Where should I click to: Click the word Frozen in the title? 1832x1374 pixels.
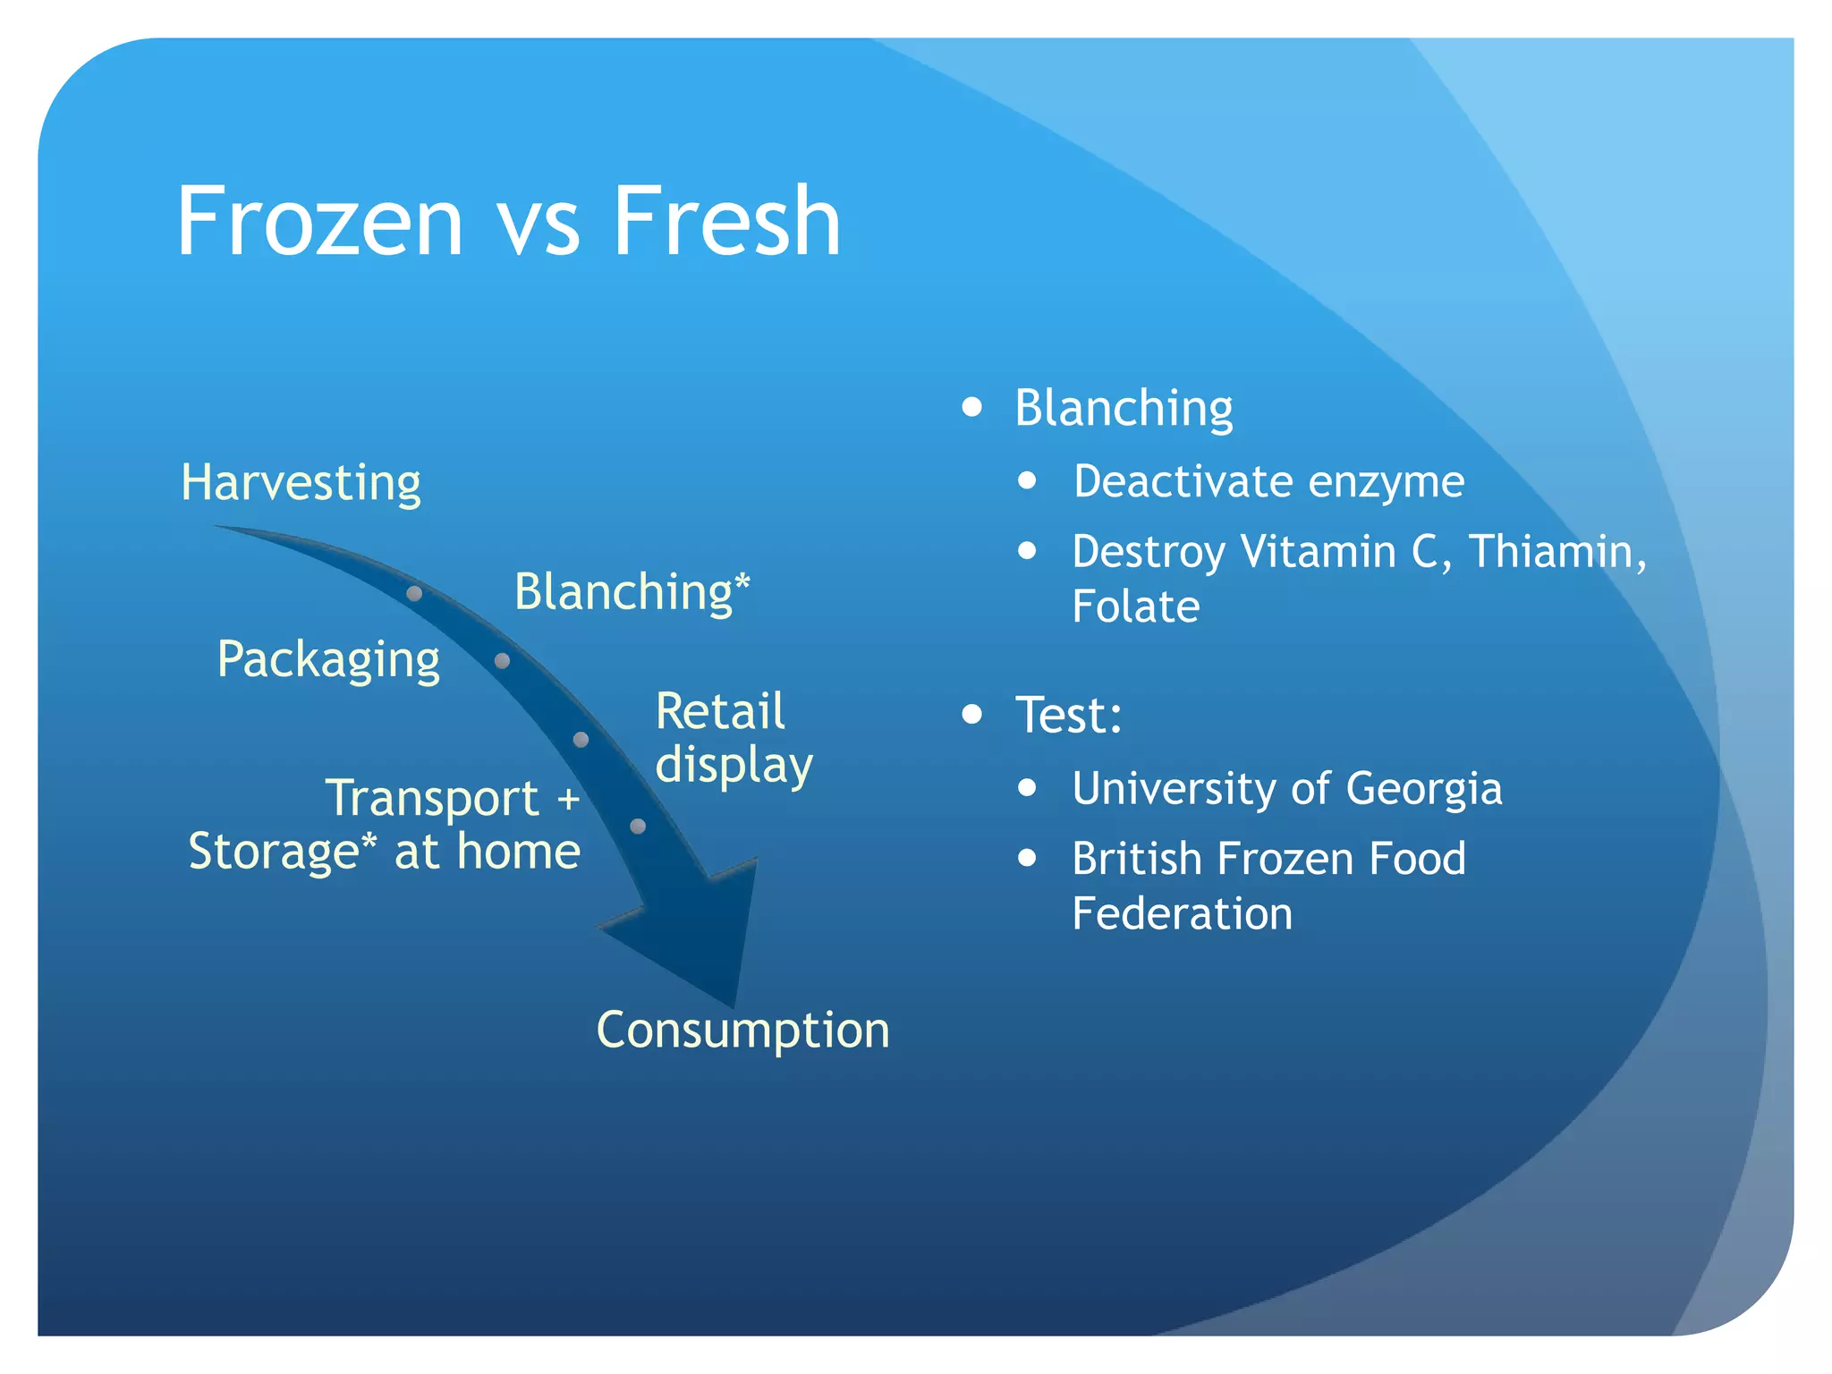pyautogui.click(x=319, y=221)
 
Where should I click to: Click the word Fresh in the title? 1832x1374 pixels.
pyautogui.click(x=725, y=221)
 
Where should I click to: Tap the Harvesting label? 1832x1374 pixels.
pyautogui.click(x=301, y=483)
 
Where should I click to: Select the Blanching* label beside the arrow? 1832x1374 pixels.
pyautogui.click(x=632, y=592)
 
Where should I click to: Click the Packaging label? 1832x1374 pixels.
pyautogui.click(x=328, y=660)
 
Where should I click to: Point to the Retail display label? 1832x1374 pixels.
pyautogui.click(x=733, y=738)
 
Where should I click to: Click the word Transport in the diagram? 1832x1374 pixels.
pyautogui.click(x=432, y=798)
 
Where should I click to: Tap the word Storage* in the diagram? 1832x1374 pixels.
pyautogui.click(x=282, y=852)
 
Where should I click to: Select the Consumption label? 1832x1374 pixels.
pyautogui.click(x=742, y=1030)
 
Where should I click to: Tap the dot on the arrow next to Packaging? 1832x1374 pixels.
pyautogui.click(x=502, y=661)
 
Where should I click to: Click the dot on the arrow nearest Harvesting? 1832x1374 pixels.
pyautogui.click(x=414, y=593)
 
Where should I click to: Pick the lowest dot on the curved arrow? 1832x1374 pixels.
pyautogui.click(x=638, y=827)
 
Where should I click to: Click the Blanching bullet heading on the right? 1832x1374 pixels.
pyautogui.click(x=1124, y=409)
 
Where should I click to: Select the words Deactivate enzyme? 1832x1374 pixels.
pyautogui.click(x=1268, y=481)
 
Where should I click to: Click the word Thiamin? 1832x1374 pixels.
pyautogui.click(x=1556, y=551)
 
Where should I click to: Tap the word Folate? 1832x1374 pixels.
pyautogui.click(x=1135, y=606)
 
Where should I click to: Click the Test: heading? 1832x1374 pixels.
pyautogui.click(x=1068, y=715)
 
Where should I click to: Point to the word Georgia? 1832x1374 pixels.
pyautogui.click(x=1423, y=789)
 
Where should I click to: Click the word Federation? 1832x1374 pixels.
pyautogui.click(x=1182, y=914)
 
